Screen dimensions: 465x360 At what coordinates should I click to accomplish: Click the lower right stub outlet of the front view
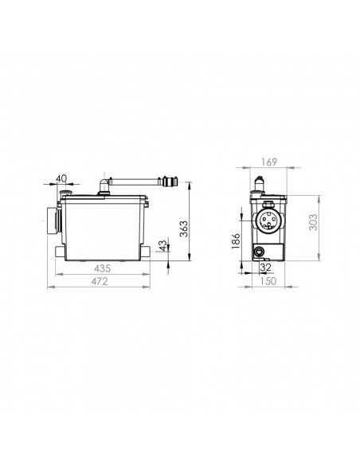click(x=149, y=252)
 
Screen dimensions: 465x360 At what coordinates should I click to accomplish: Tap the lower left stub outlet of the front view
click(x=61, y=252)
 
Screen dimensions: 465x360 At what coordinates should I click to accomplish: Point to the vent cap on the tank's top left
click(x=66, y=192)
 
